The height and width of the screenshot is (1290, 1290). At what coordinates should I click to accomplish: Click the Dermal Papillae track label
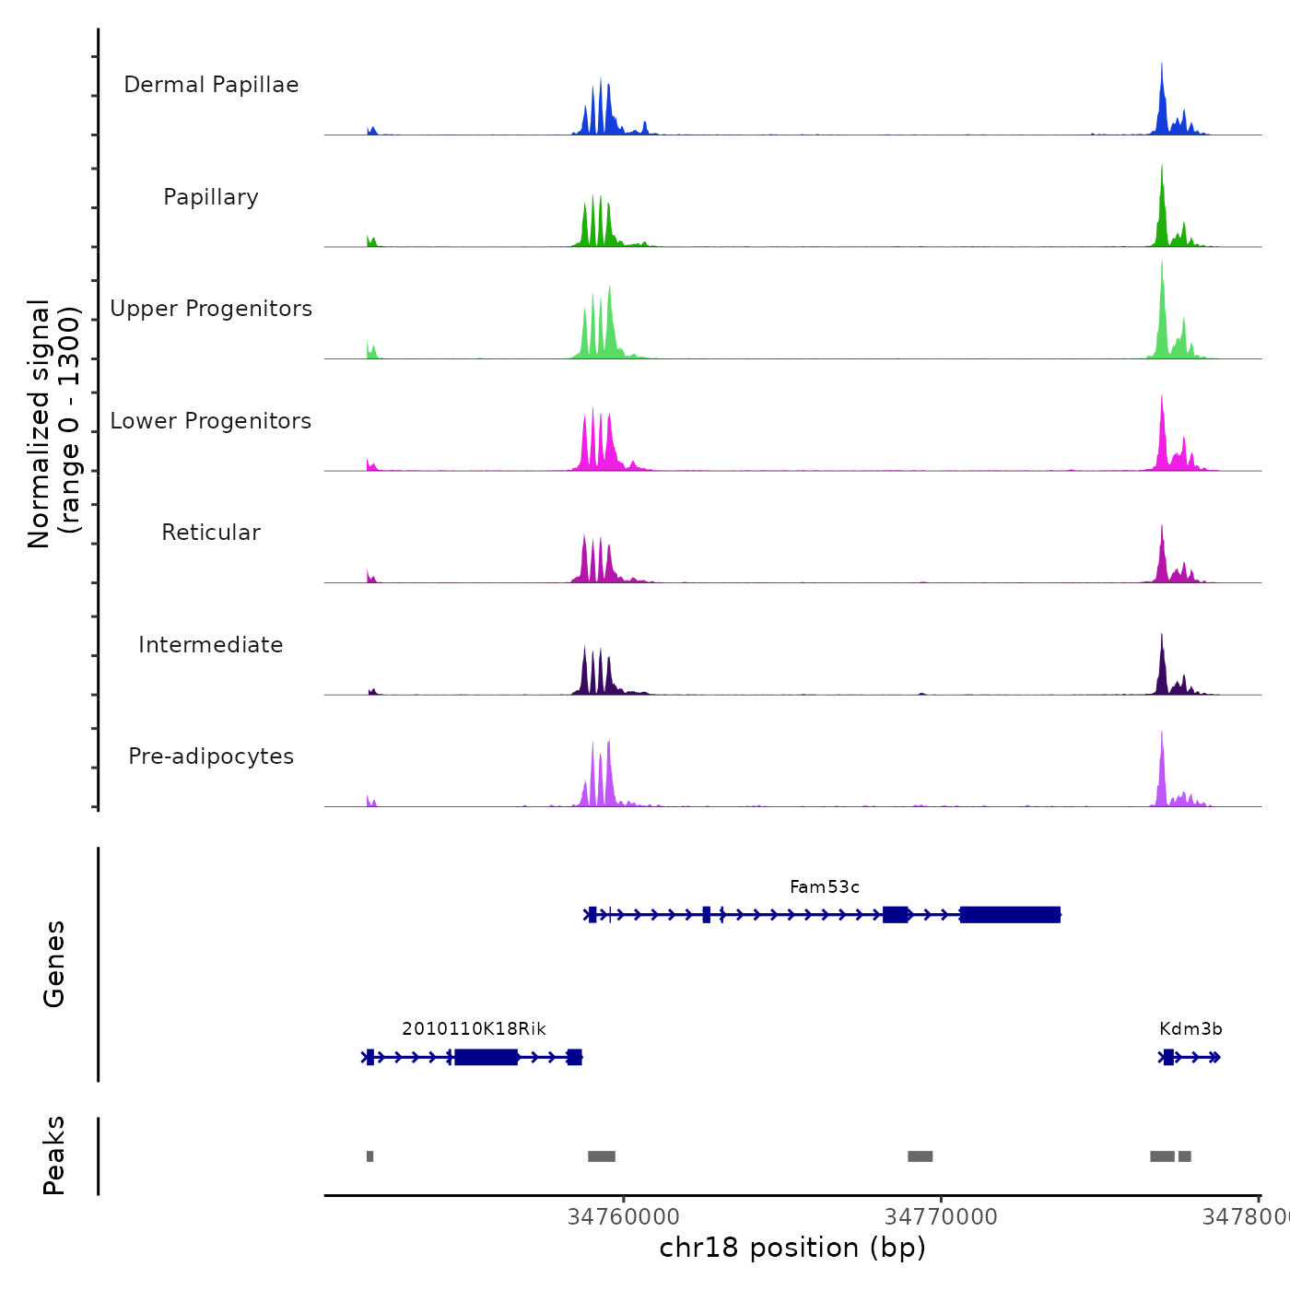(211, 85)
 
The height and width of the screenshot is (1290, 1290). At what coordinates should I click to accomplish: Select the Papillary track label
(211, 197)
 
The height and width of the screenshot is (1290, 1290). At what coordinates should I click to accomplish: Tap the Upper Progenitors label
(211, 309)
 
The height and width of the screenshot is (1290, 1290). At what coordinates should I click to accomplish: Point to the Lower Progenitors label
(211, 421)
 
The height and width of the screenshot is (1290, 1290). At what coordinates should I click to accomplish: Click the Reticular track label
(211, 533)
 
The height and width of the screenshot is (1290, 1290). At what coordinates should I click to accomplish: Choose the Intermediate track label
(211, 645)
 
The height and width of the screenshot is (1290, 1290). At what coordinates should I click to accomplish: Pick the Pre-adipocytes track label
(211, 756)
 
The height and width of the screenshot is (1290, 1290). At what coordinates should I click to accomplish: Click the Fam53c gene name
(825, 887)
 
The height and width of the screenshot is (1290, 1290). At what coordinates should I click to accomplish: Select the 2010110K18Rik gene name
(474, 1029)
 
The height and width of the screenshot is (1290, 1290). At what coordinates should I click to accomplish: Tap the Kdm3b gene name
(1190, 1029)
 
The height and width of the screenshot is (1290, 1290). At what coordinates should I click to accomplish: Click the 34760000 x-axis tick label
(624, 1217)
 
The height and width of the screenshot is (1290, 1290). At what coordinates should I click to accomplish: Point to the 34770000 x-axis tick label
(941, 1217)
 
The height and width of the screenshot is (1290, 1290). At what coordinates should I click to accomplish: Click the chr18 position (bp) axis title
(792, 1248)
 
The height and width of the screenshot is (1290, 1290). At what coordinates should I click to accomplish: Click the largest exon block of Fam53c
(1010, 915)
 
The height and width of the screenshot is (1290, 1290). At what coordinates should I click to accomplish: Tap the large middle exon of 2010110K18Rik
(487, 1057)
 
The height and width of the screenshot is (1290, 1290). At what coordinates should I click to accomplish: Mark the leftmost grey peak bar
(369, 1156)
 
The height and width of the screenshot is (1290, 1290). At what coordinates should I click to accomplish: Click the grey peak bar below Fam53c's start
(602, 1156)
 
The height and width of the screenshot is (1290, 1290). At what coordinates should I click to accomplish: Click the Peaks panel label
(53, 1155)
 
